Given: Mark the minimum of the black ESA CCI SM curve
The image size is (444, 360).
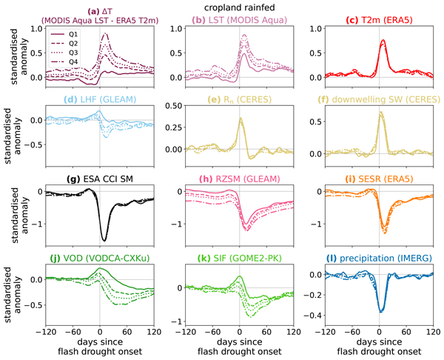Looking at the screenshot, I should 104,240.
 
